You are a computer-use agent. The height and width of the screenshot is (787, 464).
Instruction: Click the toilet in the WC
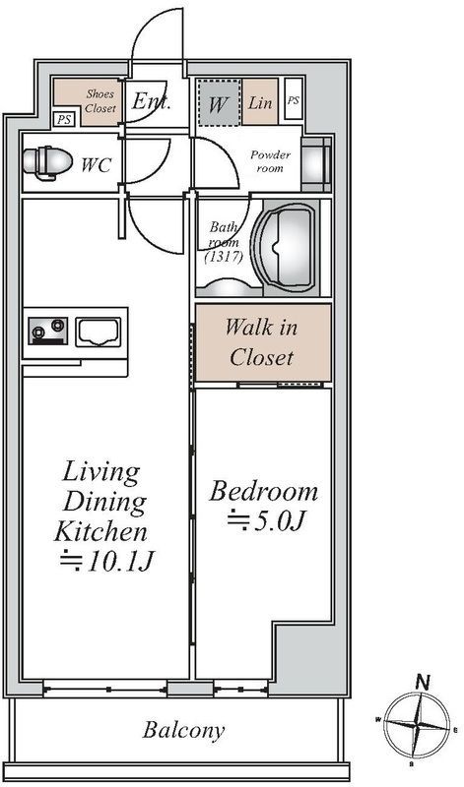[x=47, y=162]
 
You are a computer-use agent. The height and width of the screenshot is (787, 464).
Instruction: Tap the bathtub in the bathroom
[x=286, y=248]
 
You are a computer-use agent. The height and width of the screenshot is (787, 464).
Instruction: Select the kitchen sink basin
[x=99, y=332]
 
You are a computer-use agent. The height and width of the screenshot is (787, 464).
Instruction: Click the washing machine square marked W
[x=218, y=102]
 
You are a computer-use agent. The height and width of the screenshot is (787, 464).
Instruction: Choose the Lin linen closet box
[x=260, y=102]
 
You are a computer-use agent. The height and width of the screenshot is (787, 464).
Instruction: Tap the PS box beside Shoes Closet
[x=64, y=119]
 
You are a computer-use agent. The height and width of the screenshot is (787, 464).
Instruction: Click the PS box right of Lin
[x=294, y=99]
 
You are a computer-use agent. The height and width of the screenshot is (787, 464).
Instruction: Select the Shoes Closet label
[x=100, y=100]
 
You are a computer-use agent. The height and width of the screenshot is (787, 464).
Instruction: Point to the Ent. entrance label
[x=152, y=102]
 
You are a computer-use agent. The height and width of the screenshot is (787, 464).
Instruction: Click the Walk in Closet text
[x=261, y=342]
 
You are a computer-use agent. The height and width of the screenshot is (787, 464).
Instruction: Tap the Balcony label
[x=183, y=730]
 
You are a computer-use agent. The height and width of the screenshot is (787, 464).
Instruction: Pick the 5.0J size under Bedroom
[x=265, y=520]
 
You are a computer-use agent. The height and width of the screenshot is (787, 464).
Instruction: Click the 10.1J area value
[x=105, y=562]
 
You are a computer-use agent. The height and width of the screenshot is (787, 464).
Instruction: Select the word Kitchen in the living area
[x=100, y=531]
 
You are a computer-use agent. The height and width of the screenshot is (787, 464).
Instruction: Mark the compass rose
[x=417, y=726]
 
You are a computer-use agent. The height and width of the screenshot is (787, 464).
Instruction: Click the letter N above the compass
[x=424, y=682]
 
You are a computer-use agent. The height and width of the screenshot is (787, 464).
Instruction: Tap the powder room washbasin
[x=315, y=163]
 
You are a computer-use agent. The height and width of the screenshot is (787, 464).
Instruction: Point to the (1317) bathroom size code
[x=224, y=258]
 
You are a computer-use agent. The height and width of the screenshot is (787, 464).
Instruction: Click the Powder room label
[x=271, y=161]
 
